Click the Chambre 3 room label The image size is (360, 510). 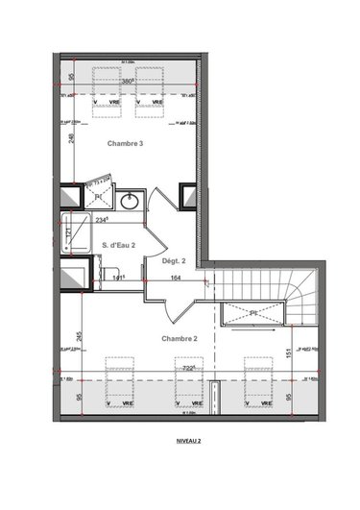coord(128,143)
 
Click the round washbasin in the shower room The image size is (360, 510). coord(132,200)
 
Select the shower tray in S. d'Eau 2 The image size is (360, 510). coord(75,232)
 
